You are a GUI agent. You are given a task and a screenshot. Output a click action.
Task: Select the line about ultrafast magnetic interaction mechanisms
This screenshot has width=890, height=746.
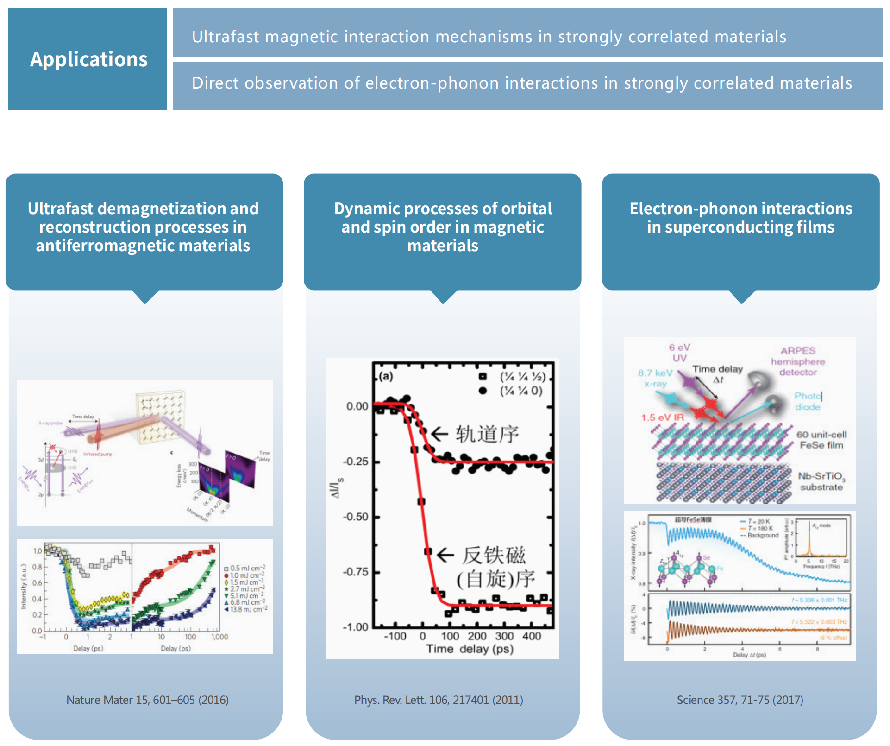pyautogui.click(x=489, y=37)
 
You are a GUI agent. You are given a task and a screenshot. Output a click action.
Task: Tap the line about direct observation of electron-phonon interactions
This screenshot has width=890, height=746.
pyautogui.click(x=521, y=83)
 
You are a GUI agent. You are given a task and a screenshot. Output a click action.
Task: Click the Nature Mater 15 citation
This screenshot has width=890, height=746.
pyautogui.click(x=147, y=700)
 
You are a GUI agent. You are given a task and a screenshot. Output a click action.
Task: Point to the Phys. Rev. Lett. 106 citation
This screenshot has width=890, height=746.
pyautogui.click(x=439, y=700)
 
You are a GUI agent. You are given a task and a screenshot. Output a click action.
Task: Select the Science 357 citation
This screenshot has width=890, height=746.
pyautogui.click(x=740, y=700)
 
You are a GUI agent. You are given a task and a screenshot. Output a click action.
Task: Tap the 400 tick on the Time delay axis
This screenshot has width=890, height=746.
pyautogui.click(x=532, y=636)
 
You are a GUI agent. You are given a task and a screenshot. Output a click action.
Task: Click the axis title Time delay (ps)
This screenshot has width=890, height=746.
pyautogui.click(x=470, y=649)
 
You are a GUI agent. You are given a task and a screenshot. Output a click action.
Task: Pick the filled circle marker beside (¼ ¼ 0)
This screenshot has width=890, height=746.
pyautogui.click(x=483, y=391)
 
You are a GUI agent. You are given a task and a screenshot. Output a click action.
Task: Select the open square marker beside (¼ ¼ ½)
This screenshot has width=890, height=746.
pyautogui.click(x=483, y=377)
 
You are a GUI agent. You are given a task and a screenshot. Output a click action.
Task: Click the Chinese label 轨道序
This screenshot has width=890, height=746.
pyautogui.click(x=487, y=434)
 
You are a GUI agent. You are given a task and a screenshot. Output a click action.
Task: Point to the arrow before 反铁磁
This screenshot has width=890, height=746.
pyautogui.click(x=445, y=555)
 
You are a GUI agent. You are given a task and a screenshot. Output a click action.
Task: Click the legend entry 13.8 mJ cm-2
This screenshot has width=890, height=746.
pyautogui.click(x=248, y=609)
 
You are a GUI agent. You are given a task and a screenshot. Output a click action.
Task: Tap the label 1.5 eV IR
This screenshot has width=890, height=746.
pyautogui.click(x=662, y=417)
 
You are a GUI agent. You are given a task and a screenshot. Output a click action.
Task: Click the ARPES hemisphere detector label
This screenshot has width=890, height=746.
pyautogui.click(x=797, y=361)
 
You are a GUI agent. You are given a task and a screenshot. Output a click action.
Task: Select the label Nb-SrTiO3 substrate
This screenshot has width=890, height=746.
pyautogui.click(x=821, y=481)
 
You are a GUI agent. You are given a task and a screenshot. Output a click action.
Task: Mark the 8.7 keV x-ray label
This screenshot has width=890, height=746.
pyautogui.click(x=655, y=378)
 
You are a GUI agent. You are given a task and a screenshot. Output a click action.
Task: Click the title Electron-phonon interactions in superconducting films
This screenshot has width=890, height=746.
pyautogui.click(x=740, y=218)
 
